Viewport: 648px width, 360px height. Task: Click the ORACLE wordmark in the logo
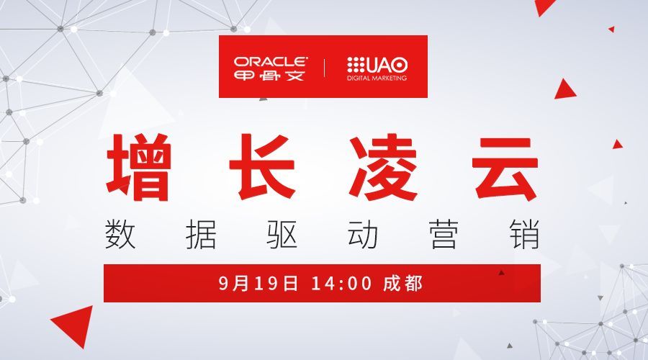271,62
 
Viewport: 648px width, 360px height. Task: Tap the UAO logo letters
387,65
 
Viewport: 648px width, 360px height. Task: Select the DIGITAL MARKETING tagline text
377,78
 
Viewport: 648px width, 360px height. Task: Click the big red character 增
138,167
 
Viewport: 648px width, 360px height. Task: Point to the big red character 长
262,166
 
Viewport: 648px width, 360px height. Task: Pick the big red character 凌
383,167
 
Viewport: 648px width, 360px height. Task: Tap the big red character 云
505,168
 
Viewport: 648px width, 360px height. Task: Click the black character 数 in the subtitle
120,234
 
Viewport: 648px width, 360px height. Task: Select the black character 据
201,234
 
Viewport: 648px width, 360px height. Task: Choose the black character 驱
282,234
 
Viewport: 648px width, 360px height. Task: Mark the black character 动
363,234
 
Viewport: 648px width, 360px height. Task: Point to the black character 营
444,234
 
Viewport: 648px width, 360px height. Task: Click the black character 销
525,234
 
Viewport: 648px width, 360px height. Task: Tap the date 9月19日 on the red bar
258,284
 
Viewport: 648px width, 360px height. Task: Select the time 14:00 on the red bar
342,284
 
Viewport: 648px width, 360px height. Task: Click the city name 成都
402,284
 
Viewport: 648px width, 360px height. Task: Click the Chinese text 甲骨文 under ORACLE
269,75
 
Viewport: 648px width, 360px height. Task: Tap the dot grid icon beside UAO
356,65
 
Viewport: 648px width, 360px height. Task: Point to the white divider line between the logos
325,68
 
